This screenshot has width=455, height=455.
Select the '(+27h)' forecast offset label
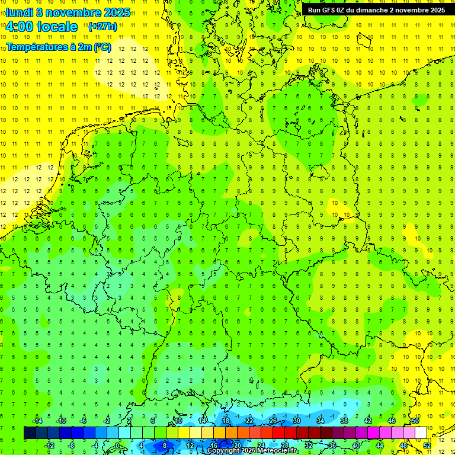pyautogui.click(x=102, y=27)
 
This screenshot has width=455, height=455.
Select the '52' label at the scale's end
pyautogui.click(x=427, y=445)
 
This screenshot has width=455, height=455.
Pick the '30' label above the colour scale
pyautogui.click(x=297, y=421)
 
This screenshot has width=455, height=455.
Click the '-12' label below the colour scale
pyautogui.click(x=50, y=445)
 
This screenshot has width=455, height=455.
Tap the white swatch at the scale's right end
pyautogui.click(x=421, y=433)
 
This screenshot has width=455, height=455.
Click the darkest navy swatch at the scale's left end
pyautogui.click(x=30, y=433)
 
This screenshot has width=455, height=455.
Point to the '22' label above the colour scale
pyautogui.click(x=249, y=421)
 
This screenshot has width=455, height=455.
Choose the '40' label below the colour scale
pyautogui.click(x=356, y=445)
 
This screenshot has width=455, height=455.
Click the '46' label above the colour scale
pyautogui.click(x=392, y=421)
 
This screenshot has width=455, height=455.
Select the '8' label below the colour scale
pyautogui.click(x=164, y=445)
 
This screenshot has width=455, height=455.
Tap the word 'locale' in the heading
pyautogui.click(x=58, y=27)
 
